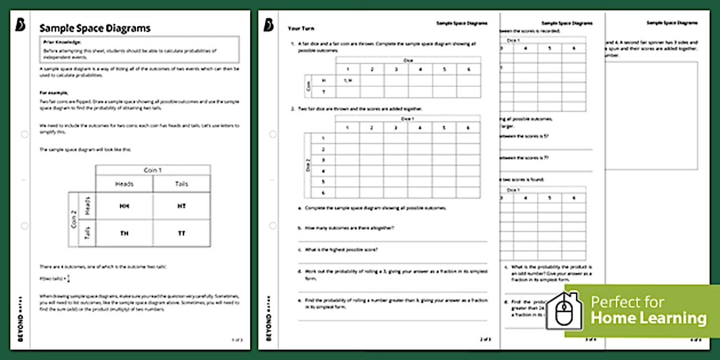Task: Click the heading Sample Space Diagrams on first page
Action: point(95,28)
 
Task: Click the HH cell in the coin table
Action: point(125,206)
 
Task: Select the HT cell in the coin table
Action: point(182,206)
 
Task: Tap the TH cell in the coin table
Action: point(125,233)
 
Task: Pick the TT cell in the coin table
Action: point(182,233)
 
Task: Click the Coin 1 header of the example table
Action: point(153,170)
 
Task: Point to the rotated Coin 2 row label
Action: point(74,220)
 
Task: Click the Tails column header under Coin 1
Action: point(182,183)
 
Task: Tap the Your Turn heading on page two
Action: point(301,29)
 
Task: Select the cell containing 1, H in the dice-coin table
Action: point(347,81)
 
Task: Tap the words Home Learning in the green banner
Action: point(648,318)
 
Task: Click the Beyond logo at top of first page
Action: point(21,26)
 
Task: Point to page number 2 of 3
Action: point(484,339)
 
